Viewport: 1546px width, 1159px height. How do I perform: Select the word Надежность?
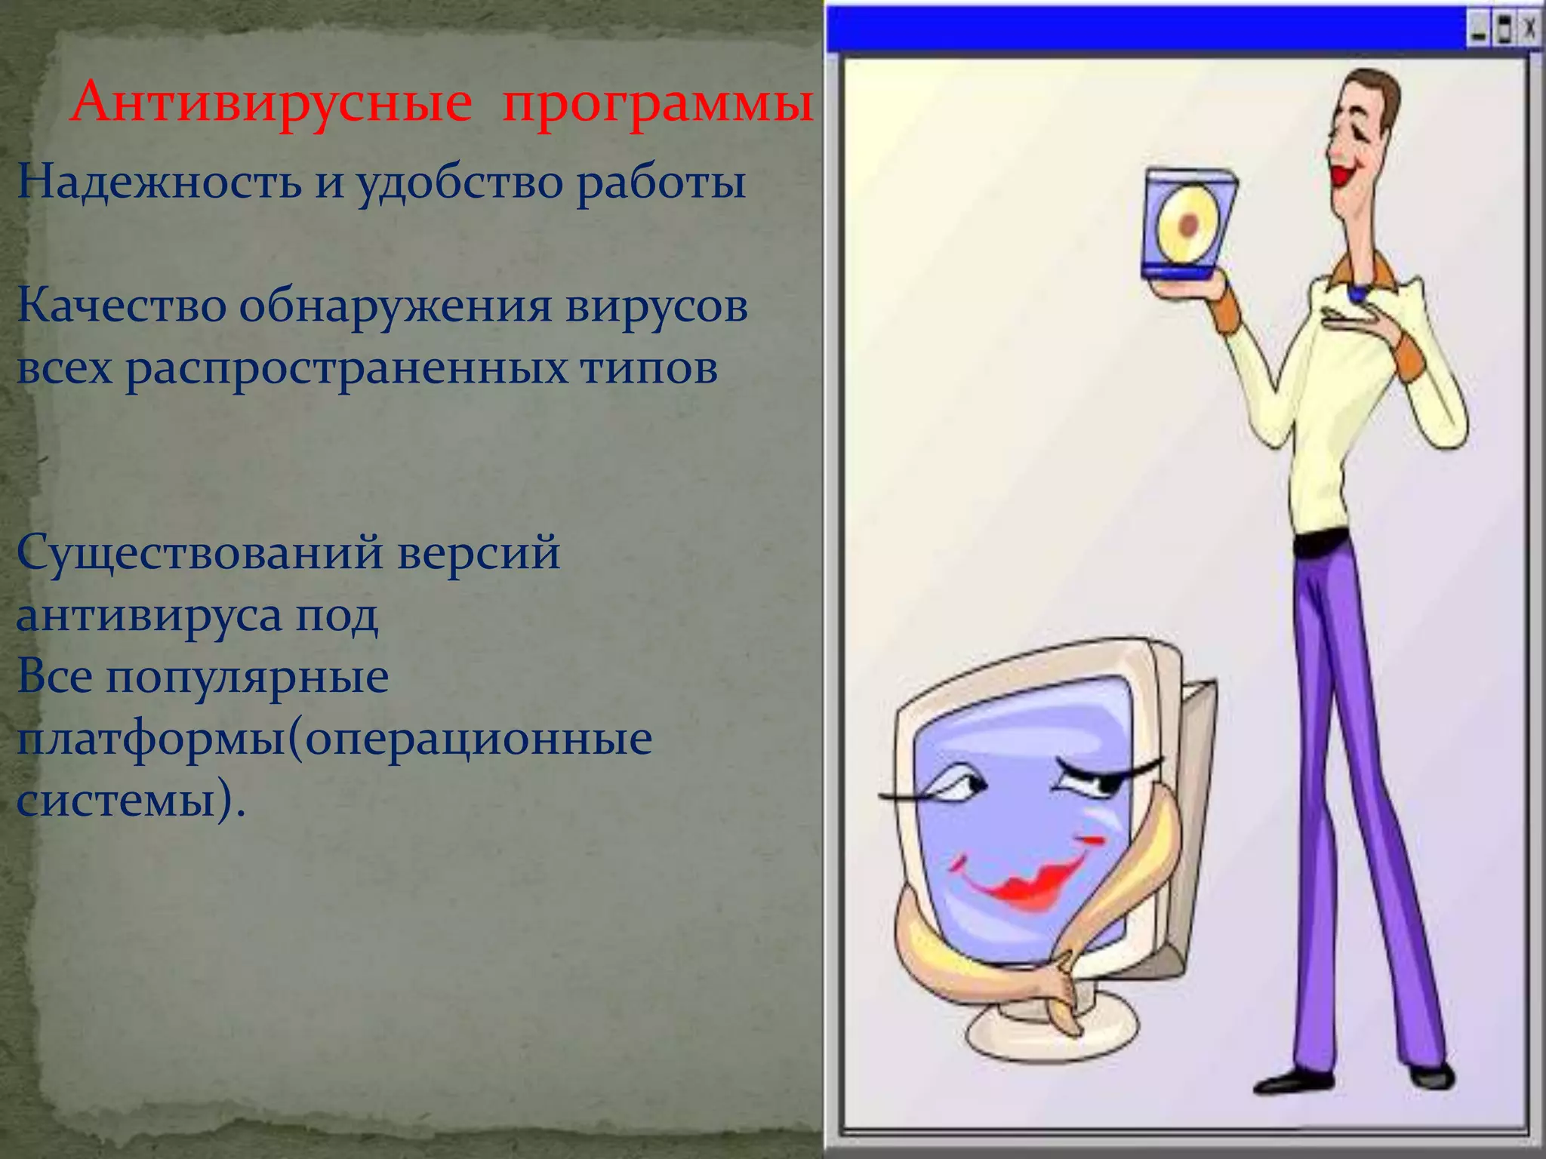coord(159,183)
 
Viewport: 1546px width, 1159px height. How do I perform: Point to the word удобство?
coord(460,183)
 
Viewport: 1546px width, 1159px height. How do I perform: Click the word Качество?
coord(122,307)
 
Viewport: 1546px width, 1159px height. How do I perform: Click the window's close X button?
coord(1529,30)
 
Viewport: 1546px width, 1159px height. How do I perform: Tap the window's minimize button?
coord(1478,30)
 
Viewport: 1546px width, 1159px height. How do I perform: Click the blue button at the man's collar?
coord(1357,294)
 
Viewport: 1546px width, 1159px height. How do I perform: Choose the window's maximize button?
coord(1504,30)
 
